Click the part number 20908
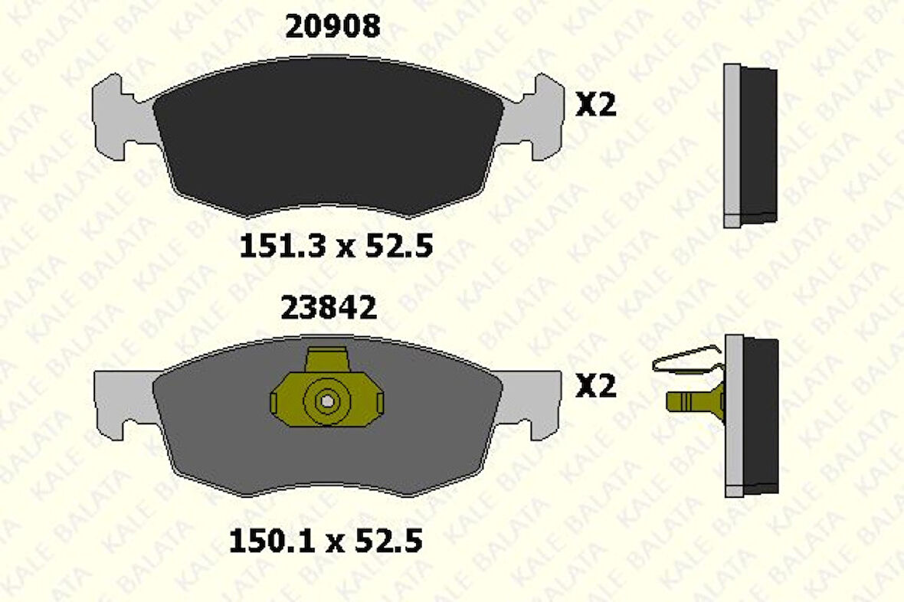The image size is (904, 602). (x=332, y=27)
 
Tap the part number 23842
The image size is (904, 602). (x=329, y=308)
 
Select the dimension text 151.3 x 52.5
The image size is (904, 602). (x=336, y=246)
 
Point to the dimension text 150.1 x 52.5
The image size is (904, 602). (x=326, y=541)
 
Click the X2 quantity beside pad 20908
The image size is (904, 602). (x=595, y=106)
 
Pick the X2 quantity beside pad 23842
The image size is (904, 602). (x=595, y=386)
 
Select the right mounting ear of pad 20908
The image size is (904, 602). (x=533, y=118)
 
